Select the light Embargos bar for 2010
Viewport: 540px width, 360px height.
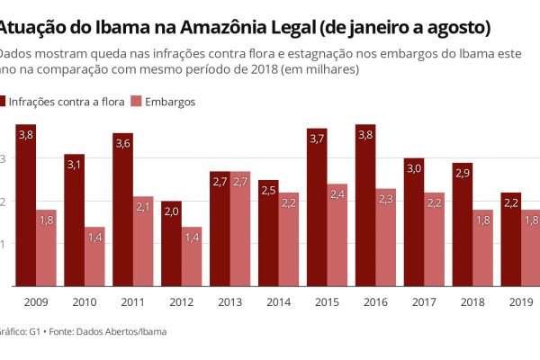pyautogui.click(x=95, y=261)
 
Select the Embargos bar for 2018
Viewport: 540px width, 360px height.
pyautogui.click(x=483, y=252)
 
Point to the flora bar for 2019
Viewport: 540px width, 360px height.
pyautogui.click(x=512, y=243)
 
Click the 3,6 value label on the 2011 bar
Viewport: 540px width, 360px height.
pyautogui.click(x=123, y=143)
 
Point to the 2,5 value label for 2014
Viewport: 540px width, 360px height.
pyautogui.click(x=269, y=190)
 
